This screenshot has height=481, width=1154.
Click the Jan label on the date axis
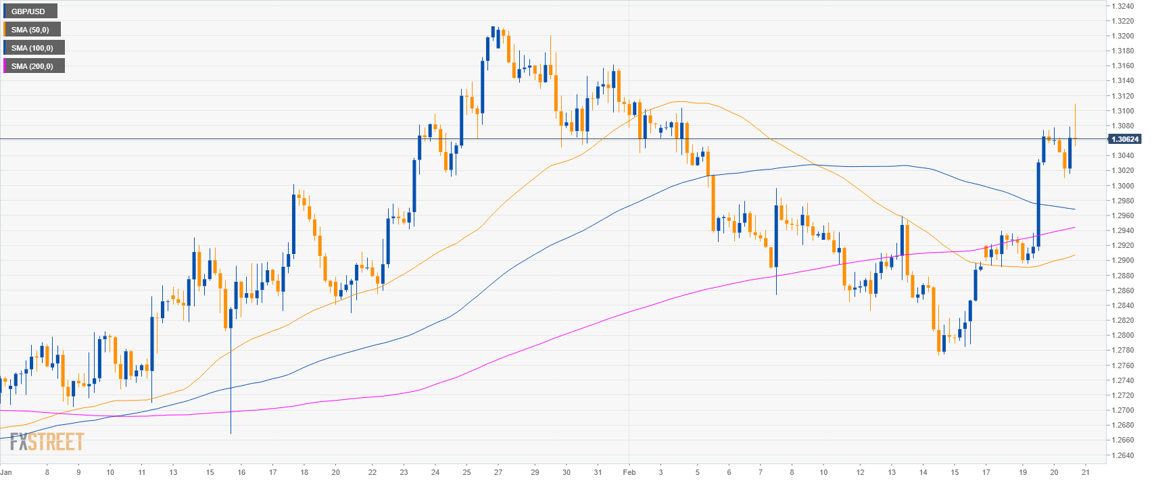point(6,472)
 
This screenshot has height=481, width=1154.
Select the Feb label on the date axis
point(629,472)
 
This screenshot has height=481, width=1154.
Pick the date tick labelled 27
point(498,472)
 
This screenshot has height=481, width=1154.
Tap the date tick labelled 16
point(241,472)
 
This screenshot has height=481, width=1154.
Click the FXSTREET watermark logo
point(47,442)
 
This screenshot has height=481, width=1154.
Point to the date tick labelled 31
point(598,472)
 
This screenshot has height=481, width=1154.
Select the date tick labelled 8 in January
point(47,472)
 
